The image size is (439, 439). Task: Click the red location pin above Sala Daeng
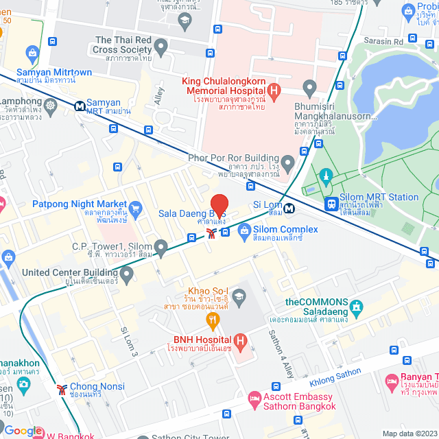(219, 205)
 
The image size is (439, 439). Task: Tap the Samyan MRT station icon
(81, 106)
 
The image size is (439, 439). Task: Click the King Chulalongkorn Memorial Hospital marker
(274, 91)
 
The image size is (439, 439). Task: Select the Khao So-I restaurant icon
(213, 319)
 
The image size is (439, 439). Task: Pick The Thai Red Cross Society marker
(161, 48)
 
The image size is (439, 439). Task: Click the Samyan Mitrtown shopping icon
(32, 53)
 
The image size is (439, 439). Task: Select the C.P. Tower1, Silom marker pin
(161, 246)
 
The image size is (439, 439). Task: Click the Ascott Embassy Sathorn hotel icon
(254, 399)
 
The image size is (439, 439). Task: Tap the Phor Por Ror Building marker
(287, 163)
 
